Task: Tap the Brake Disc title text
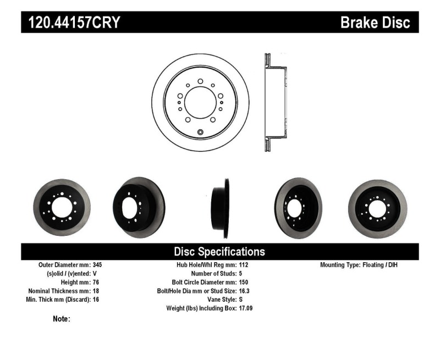pos(375,23)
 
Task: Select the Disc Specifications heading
pos(219,252)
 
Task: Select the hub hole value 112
pos(244,264)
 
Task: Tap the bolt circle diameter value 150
pos(244,282)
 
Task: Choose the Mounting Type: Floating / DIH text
pos(358,264)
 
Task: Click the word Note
pos(61,319)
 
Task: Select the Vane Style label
pos(219,300)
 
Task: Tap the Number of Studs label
pos(213,273)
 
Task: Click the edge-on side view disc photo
pos(221,201)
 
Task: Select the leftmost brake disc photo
pos(61,201)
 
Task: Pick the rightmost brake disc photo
pos(377,201)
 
